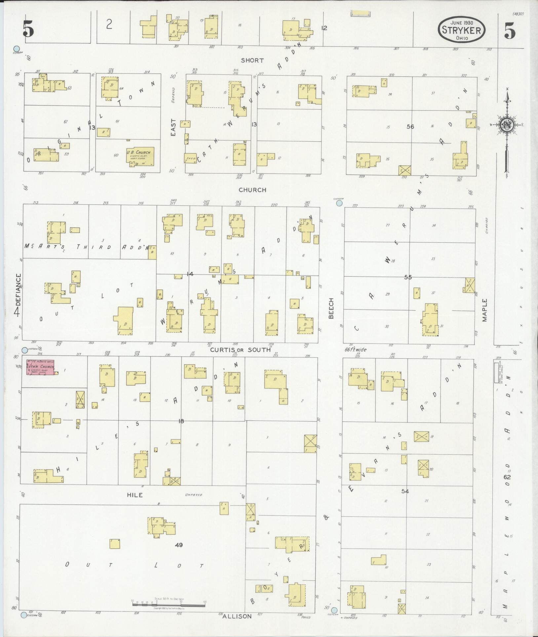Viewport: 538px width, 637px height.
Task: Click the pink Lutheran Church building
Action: (40, 368)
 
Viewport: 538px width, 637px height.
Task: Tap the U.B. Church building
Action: (140, 156)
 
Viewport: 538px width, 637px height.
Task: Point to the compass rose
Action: (506, 125)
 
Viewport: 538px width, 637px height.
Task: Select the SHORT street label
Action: (252, 60)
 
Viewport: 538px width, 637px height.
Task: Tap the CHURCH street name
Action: (252, 190)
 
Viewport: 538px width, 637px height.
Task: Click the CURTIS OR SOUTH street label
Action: (241, 350)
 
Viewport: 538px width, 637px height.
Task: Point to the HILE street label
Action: (135, 495)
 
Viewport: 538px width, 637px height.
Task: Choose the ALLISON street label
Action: (237, 617)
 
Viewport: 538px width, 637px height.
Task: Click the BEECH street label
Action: (331, 308)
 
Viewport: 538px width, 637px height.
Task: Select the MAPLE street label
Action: (484, 310)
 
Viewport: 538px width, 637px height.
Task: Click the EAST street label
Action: (173, 127)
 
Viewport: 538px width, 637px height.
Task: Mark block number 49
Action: (179, 545)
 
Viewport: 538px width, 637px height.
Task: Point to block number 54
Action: (405, 492)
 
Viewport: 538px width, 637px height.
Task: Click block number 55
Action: (408, 277)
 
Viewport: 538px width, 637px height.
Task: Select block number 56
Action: (410, 127)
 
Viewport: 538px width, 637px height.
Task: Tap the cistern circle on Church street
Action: (339, 203)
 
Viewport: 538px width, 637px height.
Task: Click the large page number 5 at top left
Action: (28, 30)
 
